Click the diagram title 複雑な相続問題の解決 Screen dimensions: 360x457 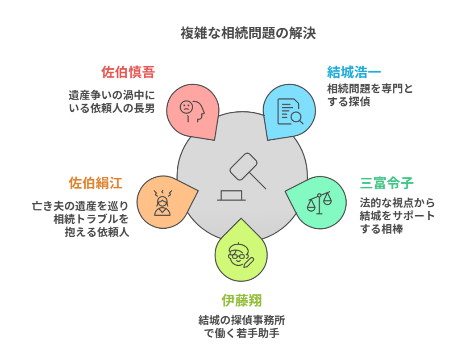249,33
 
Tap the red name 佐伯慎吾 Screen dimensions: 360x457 128,72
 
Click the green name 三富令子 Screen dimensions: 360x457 387,183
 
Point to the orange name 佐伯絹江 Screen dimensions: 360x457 96,183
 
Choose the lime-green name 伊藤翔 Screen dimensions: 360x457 241,300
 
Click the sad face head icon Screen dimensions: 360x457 191,110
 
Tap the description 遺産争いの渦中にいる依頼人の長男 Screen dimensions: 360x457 112,102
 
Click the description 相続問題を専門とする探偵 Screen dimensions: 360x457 370,95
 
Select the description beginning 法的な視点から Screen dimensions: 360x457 397,216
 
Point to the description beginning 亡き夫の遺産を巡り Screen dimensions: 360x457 81,219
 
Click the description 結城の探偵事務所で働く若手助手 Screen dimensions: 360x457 241,327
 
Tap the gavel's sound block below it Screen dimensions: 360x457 231,196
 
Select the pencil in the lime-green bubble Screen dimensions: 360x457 249,261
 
